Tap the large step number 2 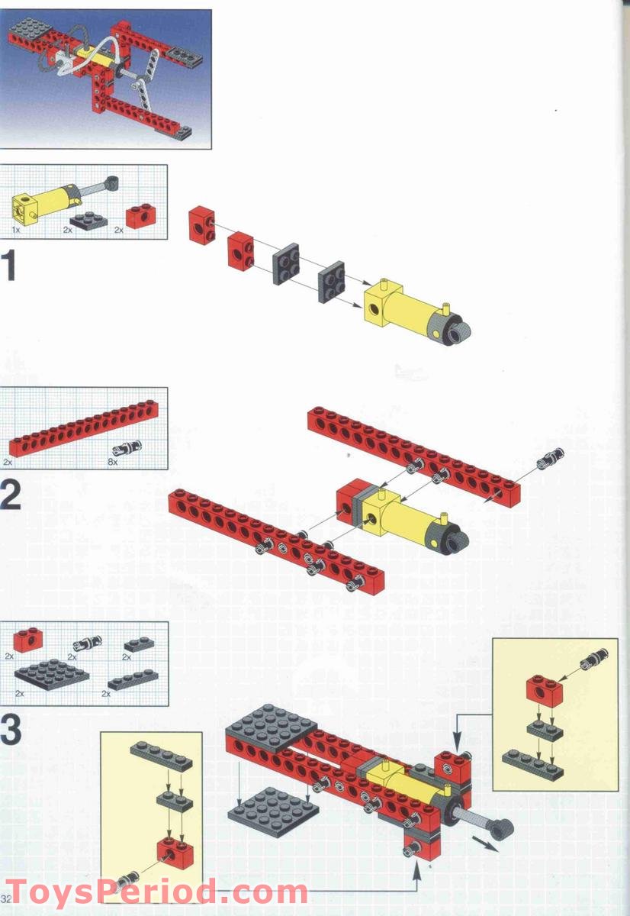pos(10,495)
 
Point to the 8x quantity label pos(114,463)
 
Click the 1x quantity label pos(16,229)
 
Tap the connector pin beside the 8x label pos(123,450)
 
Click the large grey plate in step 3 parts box pos(52,674)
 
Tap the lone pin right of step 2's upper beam pos(552,457)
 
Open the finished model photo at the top pos(105,79)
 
